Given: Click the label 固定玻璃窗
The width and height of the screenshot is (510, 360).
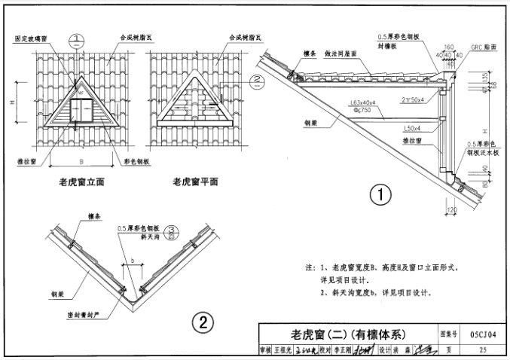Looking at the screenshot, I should click(x=32, y=38).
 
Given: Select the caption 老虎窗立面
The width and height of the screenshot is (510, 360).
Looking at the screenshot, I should click(x=86, y=182).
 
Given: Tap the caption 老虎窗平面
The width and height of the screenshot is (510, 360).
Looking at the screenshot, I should click(x=194, y=182).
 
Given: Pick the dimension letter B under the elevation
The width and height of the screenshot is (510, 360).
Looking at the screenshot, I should click(x=81, y=160).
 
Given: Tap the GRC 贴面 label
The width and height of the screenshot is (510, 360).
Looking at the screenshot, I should click(x=481, y=47).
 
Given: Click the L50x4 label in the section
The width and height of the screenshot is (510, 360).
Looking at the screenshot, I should click(x=413, y=128).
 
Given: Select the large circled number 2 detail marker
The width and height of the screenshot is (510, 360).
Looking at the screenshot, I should click(x=202, y=323).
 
